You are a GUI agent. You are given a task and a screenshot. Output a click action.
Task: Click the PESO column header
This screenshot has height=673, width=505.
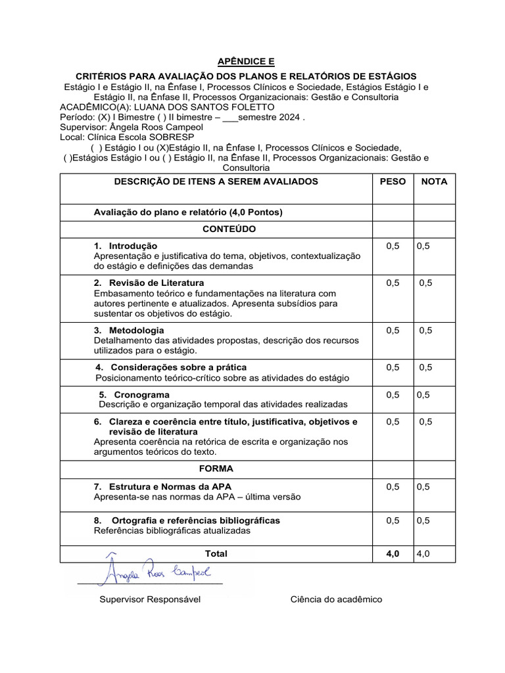[x=393, y=181]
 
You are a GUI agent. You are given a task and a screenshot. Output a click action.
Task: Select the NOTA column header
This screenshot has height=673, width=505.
[x=434, y=181]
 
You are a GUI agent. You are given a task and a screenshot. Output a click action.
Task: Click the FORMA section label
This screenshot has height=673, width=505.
[x=216, y=469]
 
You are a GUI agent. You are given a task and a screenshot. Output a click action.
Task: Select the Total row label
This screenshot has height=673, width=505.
[x=216, y=553]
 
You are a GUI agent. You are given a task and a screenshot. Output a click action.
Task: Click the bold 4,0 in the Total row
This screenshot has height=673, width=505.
[x=393, y=553]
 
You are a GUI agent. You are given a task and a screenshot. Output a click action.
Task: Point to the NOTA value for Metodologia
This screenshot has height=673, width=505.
[x=425, y=331]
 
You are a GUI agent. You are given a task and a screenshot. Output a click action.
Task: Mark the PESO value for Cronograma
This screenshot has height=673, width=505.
[x=393, y=395]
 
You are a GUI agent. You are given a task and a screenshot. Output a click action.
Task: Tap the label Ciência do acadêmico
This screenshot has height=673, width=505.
[x=335, y=599]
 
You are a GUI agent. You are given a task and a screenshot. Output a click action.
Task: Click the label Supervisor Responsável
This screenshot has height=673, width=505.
[x=150, y=599]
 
